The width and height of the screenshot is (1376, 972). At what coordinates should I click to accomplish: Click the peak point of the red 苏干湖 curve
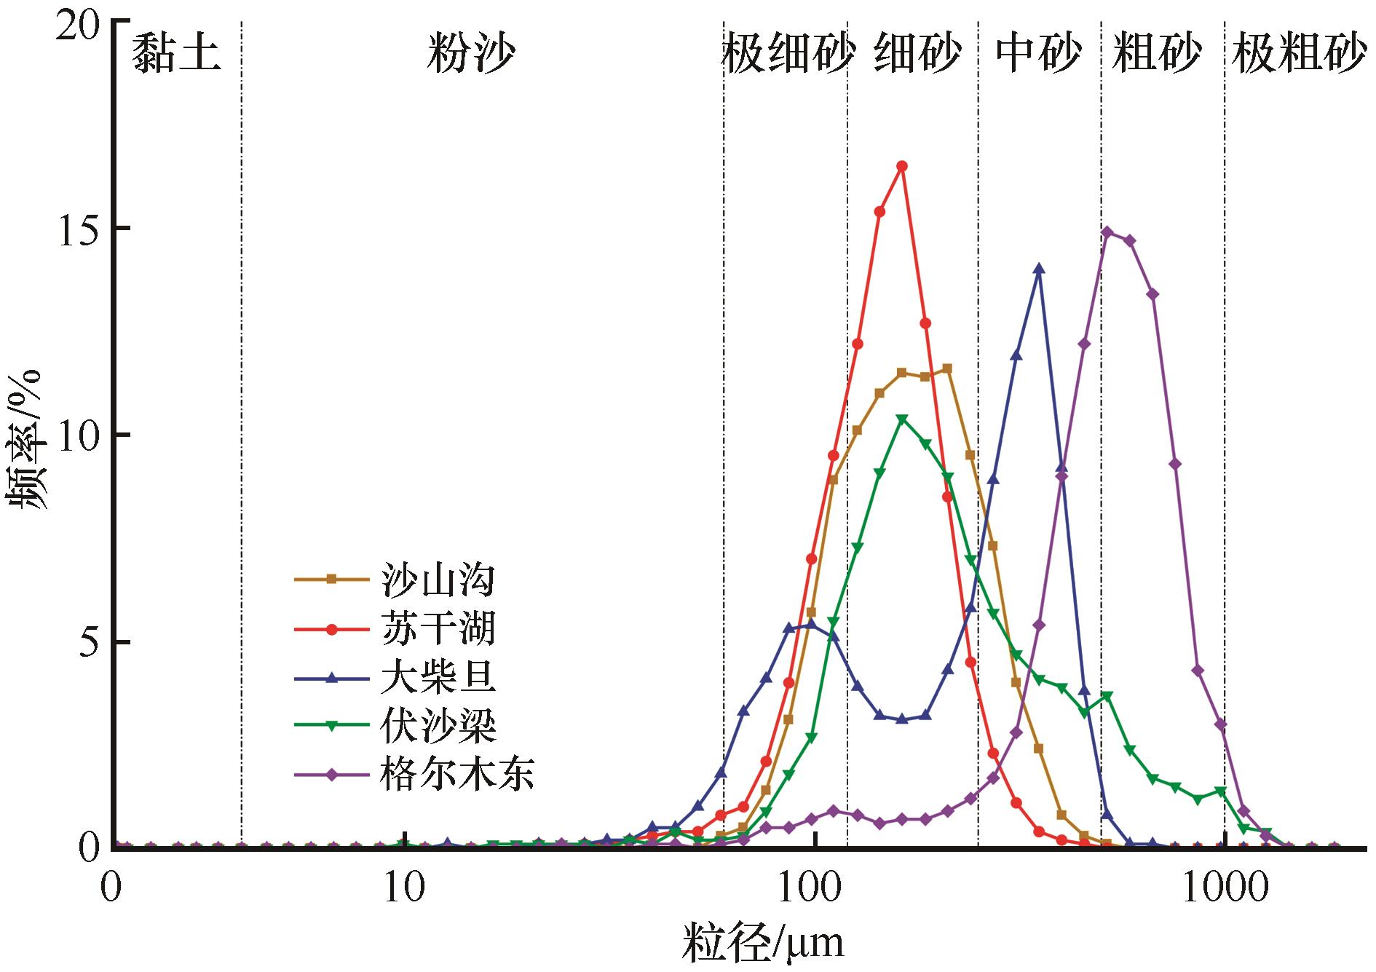click(x=902, y=166)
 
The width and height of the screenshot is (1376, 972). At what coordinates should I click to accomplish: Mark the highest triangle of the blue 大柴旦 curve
click(x=1039, y=269)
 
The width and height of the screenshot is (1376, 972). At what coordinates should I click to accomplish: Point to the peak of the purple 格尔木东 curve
click(x=1107, y=232)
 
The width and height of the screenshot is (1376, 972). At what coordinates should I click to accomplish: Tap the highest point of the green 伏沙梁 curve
click(x=903, y=419)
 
